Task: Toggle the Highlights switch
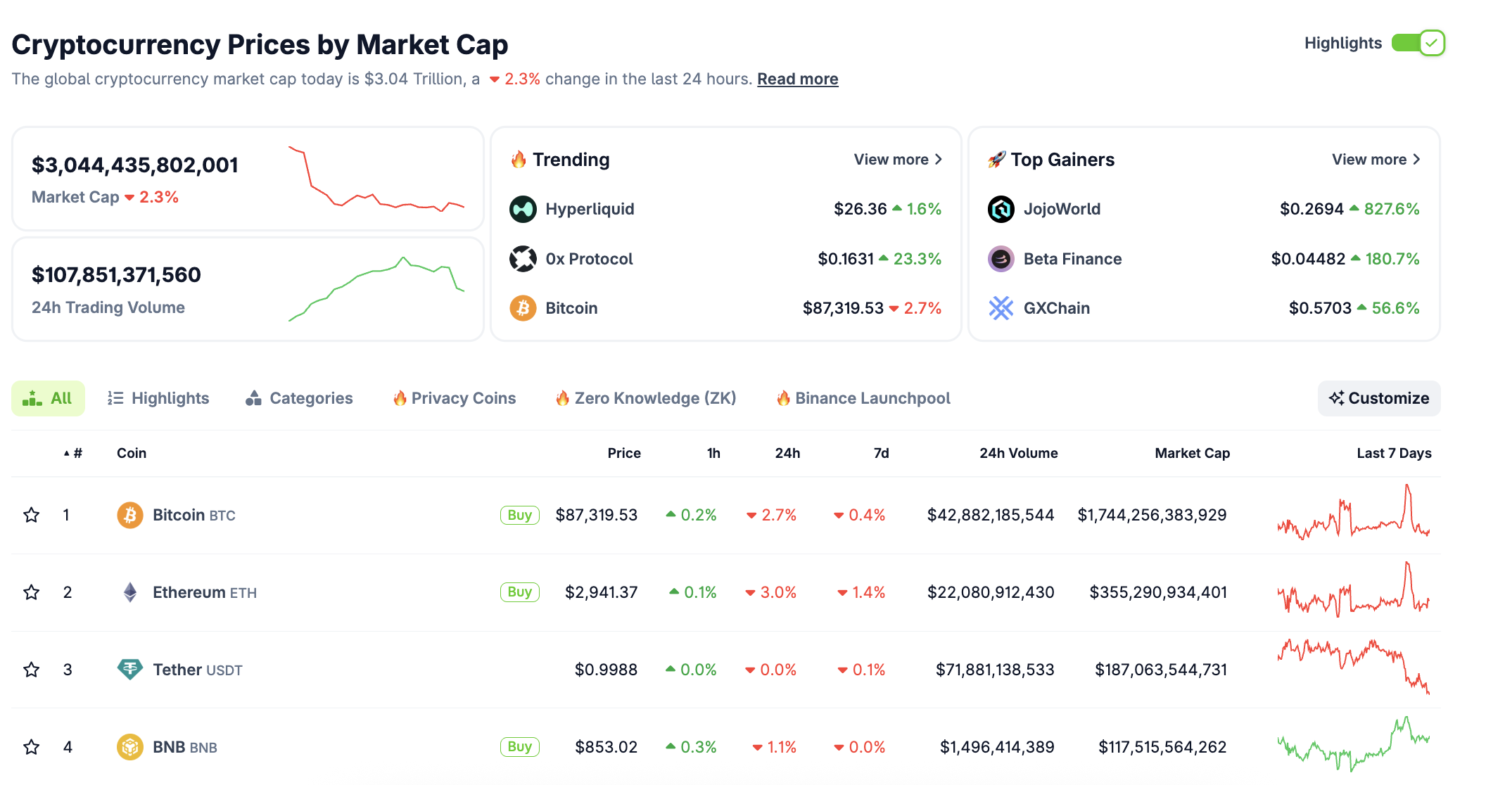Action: click(1418, 43)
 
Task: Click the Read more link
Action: click(797, 79)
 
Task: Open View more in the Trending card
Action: click(897, 160)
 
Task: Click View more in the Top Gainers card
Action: click(1376, 160)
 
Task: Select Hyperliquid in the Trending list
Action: click(590, 209)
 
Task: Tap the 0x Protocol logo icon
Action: click(523, 259)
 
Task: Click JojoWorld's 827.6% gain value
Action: click(1391, 209)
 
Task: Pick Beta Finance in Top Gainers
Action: click(1072, 259)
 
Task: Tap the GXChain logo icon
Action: click(1001, 308)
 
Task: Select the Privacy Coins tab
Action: click(455, 398)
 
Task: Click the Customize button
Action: click(1378, 398)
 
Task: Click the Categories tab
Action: click(300, 398)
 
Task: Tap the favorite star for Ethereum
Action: click(32, 592)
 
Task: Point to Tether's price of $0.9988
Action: click(606, 670)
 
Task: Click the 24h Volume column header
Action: click(1018, 453)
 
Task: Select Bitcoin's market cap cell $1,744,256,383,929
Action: click(1152, 515)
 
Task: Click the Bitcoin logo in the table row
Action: click(130, 515)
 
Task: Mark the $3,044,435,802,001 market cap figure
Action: click(135, 165)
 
